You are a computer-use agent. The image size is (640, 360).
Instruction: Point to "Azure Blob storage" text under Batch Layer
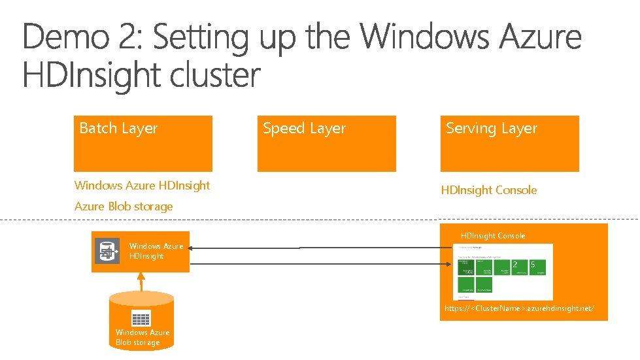(124, 206)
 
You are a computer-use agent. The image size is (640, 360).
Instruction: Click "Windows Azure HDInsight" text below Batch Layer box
(142, 186)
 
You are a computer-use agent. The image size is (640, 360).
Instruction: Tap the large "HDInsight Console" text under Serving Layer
(488, 190)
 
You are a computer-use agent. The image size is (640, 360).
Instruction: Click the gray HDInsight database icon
(107, 251)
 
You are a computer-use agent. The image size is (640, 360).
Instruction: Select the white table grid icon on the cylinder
(141, 319)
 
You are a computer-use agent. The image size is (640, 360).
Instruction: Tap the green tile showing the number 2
(518, 267)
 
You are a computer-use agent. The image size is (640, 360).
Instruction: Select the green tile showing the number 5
(537, 267)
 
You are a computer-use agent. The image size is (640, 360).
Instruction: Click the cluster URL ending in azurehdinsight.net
(519, 308)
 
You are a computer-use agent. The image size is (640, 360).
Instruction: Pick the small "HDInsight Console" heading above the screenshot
(492, 236)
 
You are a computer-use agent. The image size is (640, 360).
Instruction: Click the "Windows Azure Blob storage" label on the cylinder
(142, 337)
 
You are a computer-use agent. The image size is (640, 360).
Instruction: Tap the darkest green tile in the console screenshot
(467, 267)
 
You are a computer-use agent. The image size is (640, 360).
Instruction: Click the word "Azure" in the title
(541, 37)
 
